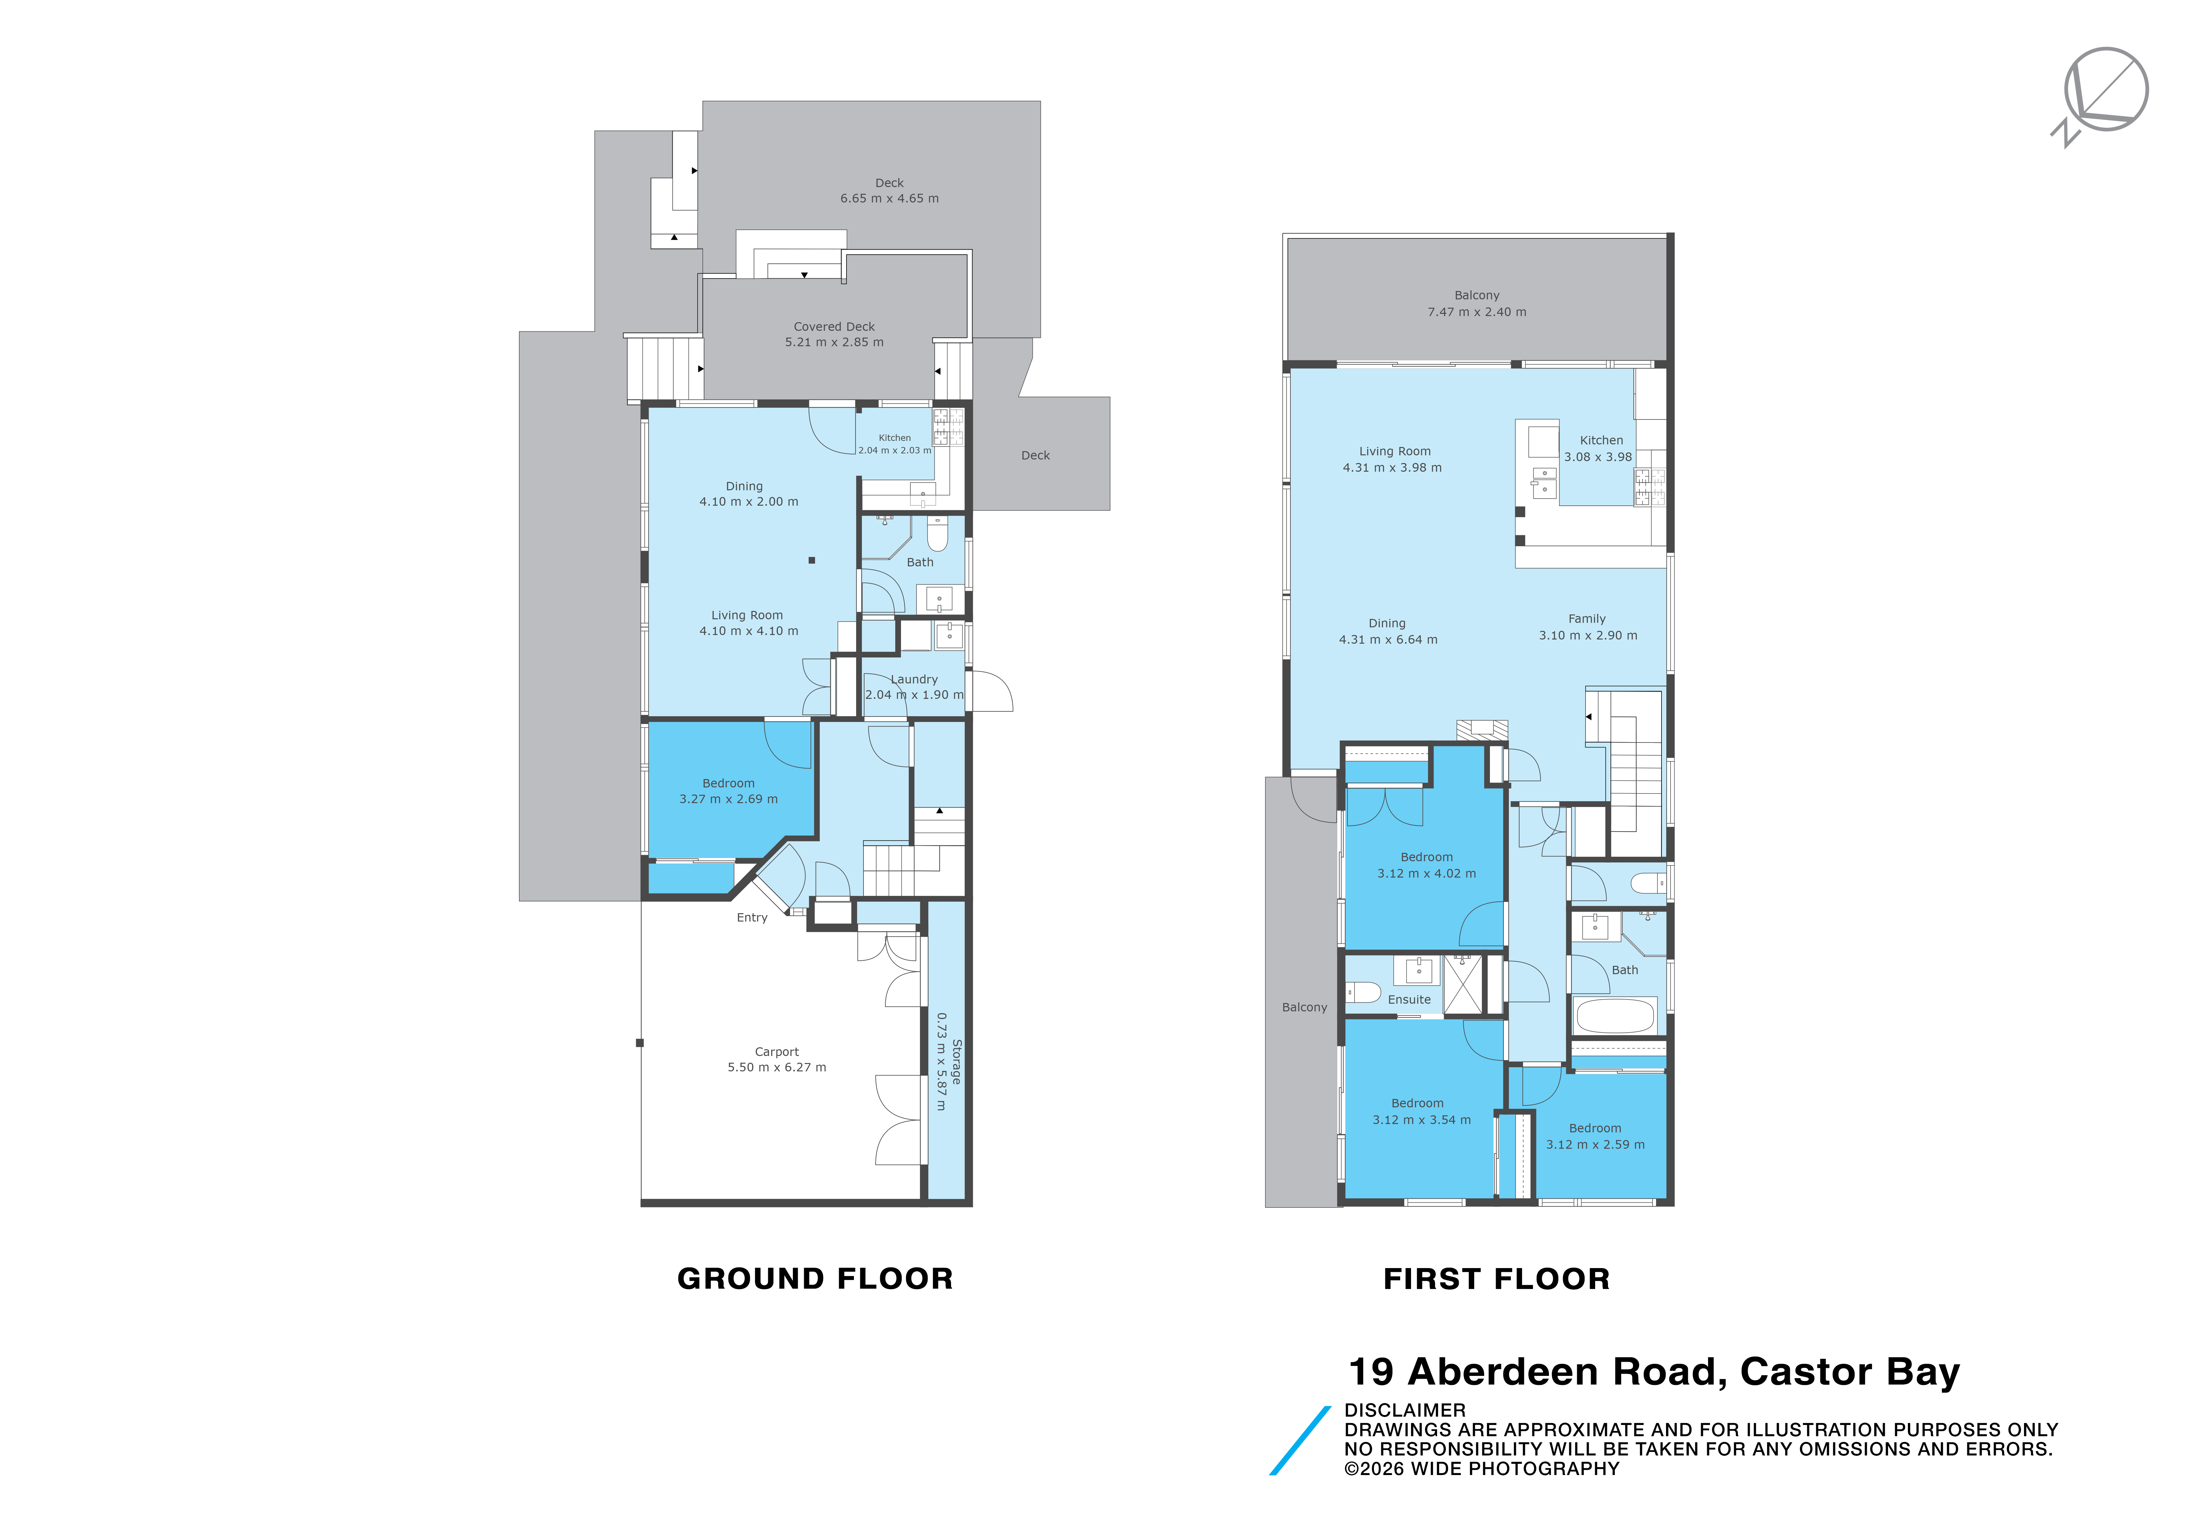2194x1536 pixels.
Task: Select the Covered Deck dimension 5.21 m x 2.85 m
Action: pos(834,342)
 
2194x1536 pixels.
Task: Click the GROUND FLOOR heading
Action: pos(815,1279)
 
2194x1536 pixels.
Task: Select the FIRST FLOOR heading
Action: pos(1496,1279)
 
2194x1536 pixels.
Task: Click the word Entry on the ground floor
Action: pos(752,918)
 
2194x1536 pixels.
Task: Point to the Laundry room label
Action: pos(914,680)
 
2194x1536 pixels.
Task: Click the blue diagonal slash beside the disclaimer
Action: pos(1300,1440)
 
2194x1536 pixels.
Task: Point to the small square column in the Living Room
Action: pos(811,560)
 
